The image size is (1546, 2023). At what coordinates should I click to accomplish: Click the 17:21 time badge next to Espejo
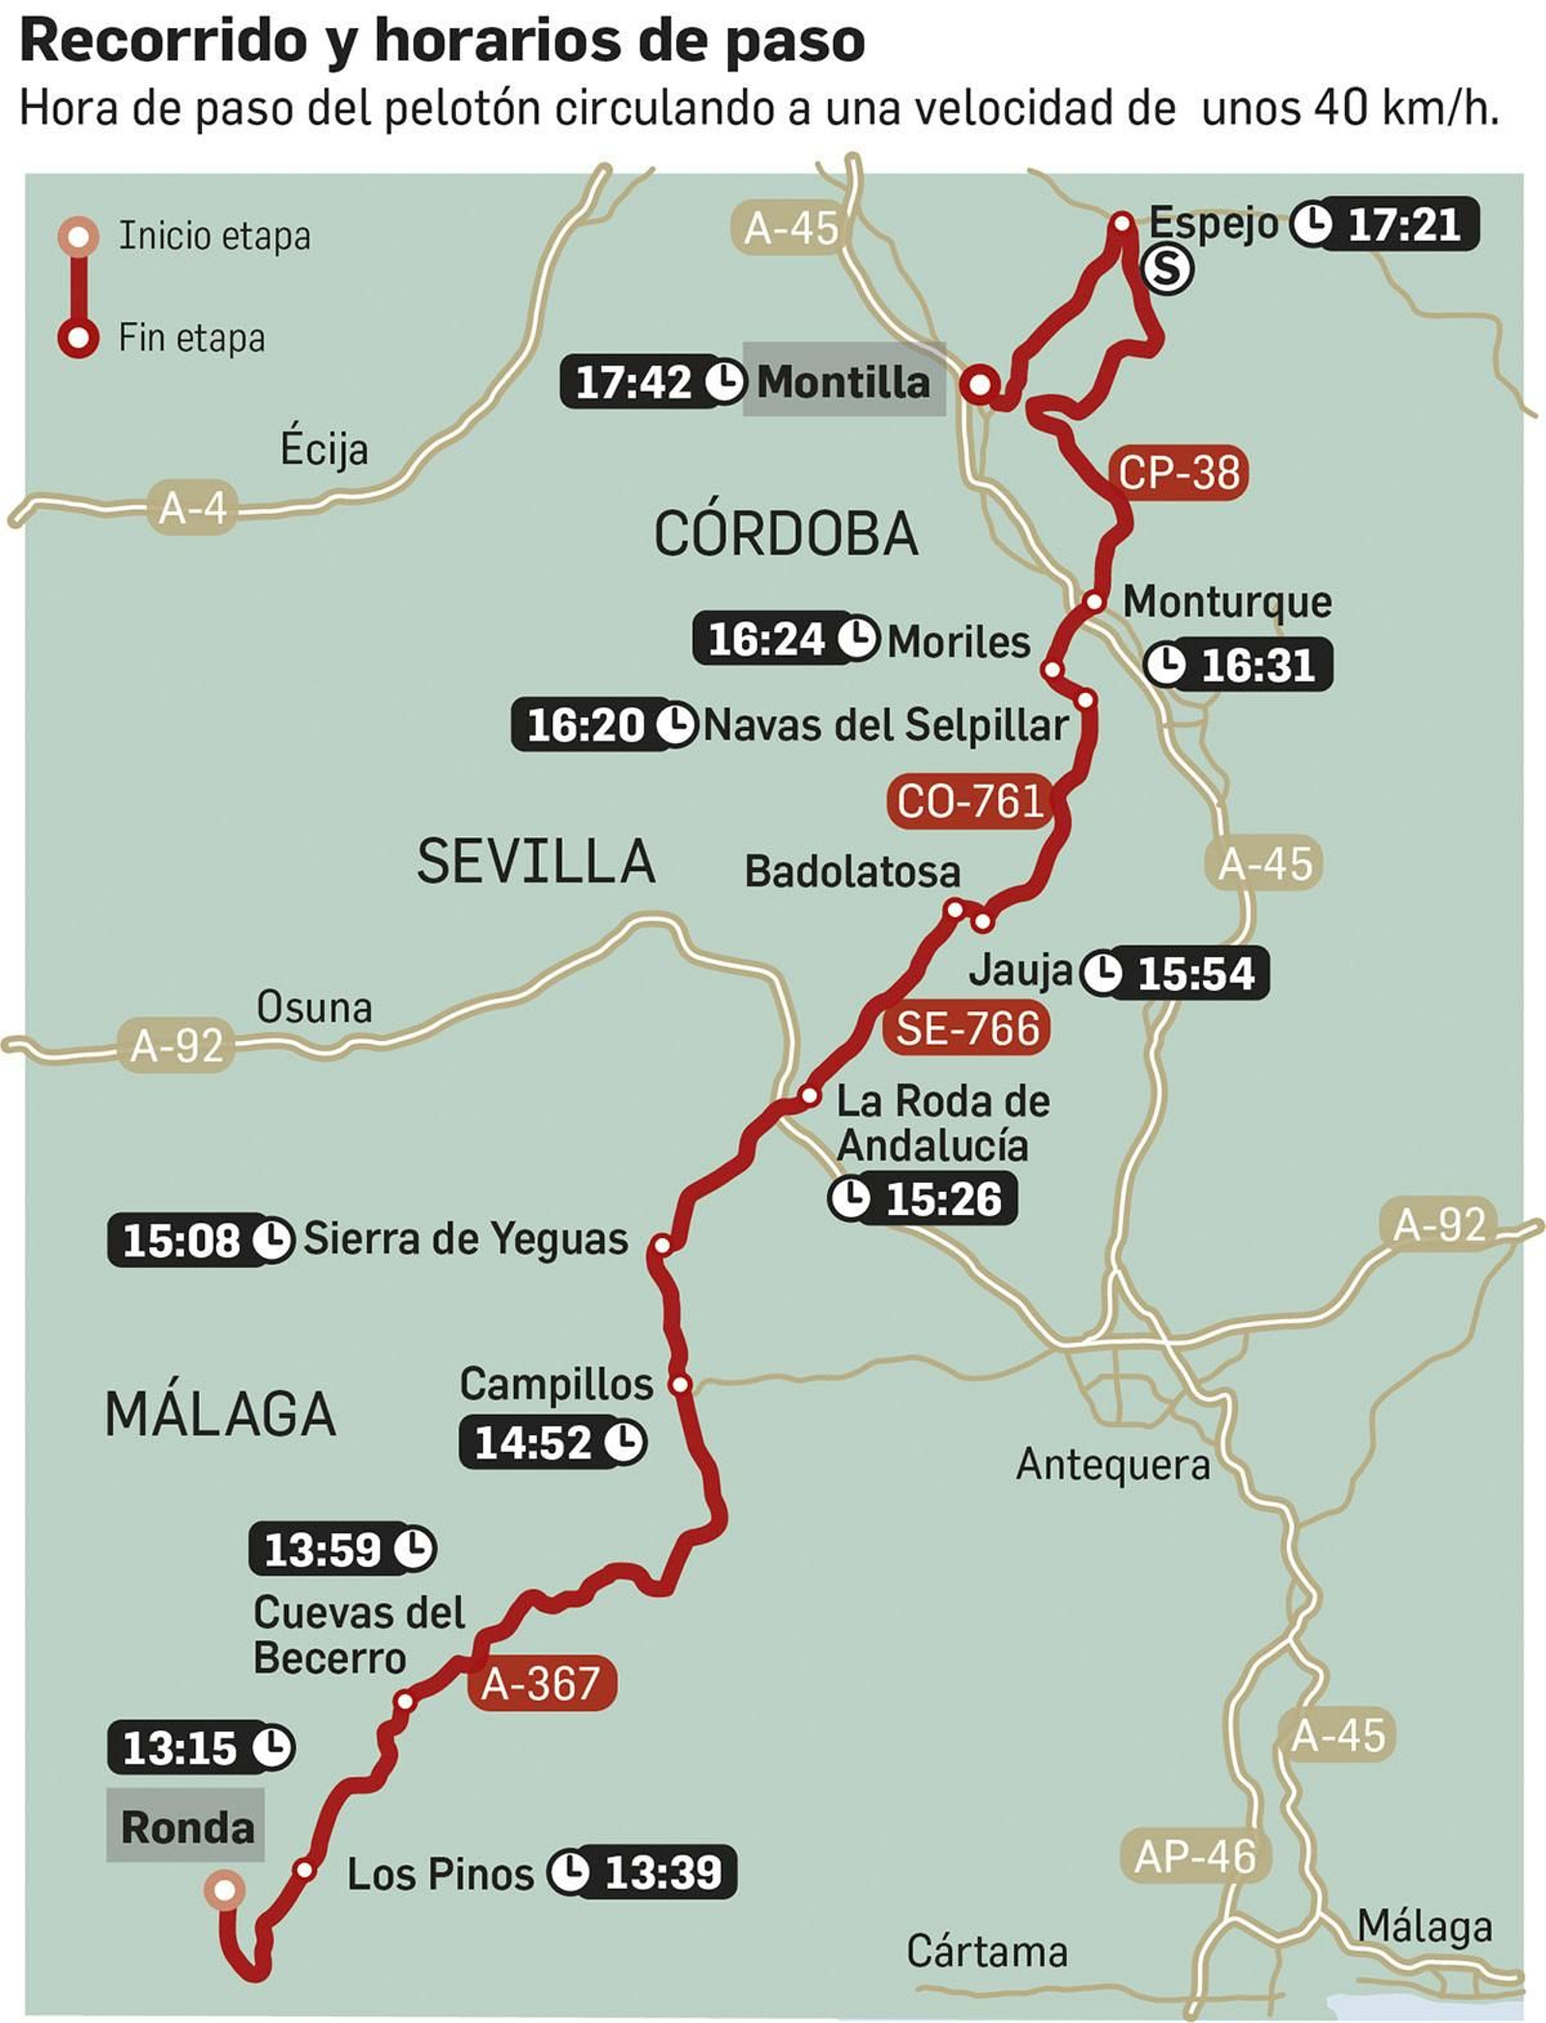(1387, 224)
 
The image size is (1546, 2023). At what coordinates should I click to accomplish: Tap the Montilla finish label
(843, 382)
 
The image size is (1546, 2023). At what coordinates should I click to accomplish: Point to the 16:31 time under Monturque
(1240, 665)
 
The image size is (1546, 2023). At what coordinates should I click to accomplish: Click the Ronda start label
(186, 1827)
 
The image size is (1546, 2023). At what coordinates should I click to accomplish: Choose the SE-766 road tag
(967, 1027)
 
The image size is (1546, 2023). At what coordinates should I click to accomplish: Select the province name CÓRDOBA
(786, 534)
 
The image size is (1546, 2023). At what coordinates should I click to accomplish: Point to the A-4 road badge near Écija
(192, 506)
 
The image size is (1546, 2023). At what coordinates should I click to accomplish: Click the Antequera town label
(1112, 1464)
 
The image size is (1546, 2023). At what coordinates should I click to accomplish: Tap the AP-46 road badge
(1195, 1856)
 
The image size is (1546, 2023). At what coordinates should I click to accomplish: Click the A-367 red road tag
(540, 1683)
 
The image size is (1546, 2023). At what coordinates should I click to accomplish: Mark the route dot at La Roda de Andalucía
(810, 1096)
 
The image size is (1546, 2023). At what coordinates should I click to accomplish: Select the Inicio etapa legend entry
(214, 236)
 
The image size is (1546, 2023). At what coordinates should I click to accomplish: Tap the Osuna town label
(314, 1007)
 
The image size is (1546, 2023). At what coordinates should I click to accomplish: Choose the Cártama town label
(987, 1951)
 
